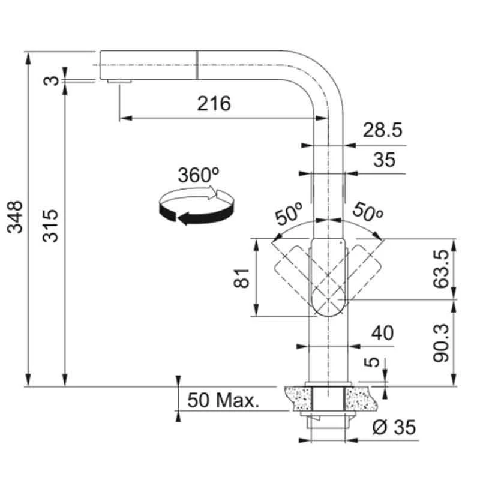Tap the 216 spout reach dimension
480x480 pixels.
(x=214, y=104)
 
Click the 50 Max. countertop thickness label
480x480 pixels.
(x=223, y=400)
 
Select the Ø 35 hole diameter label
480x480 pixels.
(x=394, y=427)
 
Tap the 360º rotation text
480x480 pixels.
(x=198, y=175)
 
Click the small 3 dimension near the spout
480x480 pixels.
(x=54, y=79)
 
